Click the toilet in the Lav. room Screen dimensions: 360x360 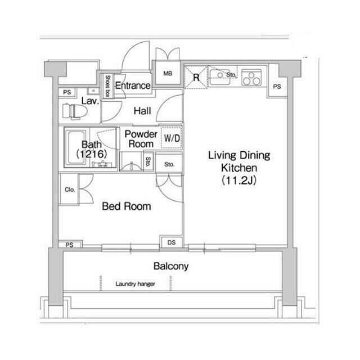[x=75, y=111]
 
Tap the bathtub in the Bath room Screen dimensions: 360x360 [x=76, y=147]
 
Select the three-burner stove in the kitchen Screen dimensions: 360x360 [x=251, y=78]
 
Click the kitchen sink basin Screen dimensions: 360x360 [x=219, y=77]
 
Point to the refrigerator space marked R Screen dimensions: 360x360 [x=196, y=77]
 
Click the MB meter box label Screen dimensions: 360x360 [x=168, y=74]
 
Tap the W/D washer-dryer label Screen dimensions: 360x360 [x=172, y=138]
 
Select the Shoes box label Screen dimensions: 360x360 [x=107, y=85]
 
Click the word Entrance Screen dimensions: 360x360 [x=133, y=85]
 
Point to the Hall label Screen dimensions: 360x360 [x=142, y=111]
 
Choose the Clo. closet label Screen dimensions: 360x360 [x=70, y=190]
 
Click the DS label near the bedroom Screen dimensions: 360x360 [x=172, y=242]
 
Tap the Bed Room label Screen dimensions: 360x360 [x=127, y=206]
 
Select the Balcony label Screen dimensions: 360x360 [x=171, y=266]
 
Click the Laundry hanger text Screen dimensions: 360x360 [x=135, y=284]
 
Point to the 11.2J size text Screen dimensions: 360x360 [x=239, y=181]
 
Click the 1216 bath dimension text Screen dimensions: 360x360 [x=92, y=154]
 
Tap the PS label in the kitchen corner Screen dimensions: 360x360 [x=277, y=87]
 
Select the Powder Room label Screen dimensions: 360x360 [x=141, y=139]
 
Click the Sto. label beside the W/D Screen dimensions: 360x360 [x=169, y=164]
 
